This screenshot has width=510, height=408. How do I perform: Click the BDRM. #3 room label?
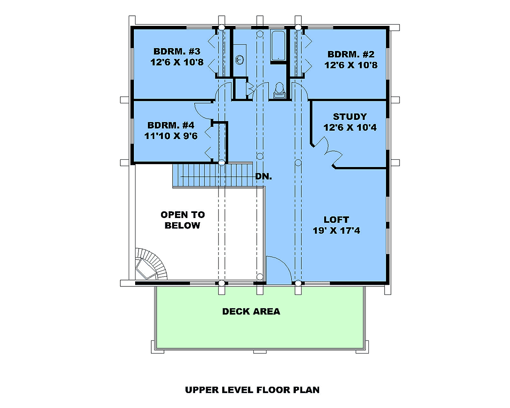(177, 51)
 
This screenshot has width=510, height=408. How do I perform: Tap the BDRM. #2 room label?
(351, 54)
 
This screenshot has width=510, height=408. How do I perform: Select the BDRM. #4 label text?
(170, 125)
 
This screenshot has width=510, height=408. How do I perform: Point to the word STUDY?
(350, 116)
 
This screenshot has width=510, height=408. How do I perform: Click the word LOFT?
(336, 220)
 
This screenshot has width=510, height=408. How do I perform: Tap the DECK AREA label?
(251, 312)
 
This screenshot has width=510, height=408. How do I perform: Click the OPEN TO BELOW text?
(182, 220)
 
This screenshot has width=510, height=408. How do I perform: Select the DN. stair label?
(263, 176)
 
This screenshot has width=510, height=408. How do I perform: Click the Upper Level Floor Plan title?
(252, 390)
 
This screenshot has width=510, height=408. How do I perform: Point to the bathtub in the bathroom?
(278, 45)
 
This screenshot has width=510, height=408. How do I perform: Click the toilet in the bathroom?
(280, 91)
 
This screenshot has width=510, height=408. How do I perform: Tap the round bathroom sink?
(240, 60)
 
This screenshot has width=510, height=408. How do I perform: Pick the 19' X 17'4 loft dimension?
(336, 231)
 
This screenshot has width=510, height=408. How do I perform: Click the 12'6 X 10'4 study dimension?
(350, 127)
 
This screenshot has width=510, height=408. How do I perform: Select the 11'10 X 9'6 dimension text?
(170, 136)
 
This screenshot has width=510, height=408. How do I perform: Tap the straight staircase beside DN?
(212, 175)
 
